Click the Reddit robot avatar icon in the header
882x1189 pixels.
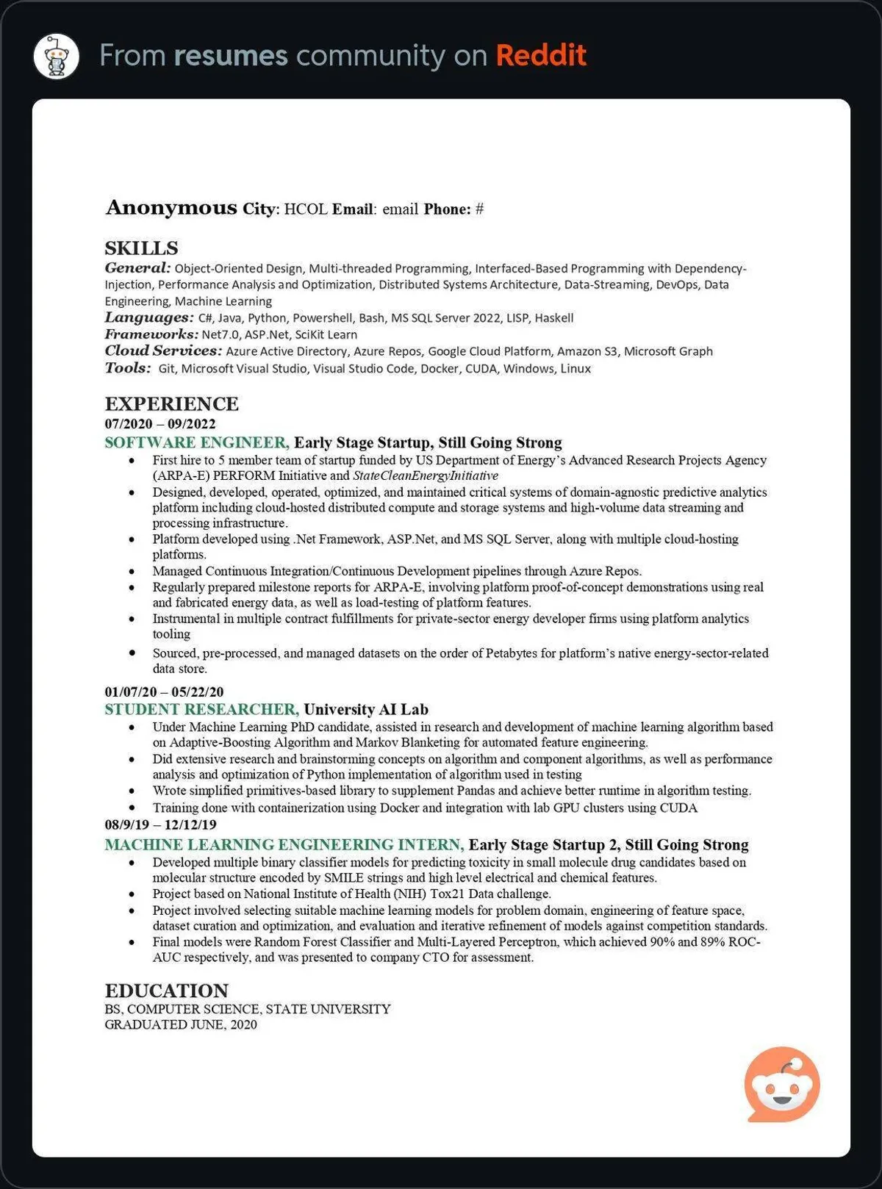[x=57, y=56]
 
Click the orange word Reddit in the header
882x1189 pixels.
[x=540, y=56]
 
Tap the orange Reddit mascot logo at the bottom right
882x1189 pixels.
[x=781, y=1083]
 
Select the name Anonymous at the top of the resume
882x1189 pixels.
[x=171, y=208]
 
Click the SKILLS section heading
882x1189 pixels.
[x=141, y=248]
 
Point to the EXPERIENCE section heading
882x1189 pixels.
[x=171, y=404]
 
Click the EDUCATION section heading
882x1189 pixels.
[x=166, y=991]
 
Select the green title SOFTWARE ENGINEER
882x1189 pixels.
[x=196, y=442]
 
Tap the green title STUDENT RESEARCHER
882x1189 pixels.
[x=201, y=709]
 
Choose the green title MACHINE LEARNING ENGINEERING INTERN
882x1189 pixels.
[x=284, y=844]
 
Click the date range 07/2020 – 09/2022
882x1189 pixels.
[x=160, y=424]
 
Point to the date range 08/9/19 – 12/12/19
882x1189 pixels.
[x=160, y=825]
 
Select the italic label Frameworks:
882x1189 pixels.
[x=151, y=334]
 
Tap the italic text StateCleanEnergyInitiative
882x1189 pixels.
[x=425, y=475]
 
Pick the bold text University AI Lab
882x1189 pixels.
[x=365, y=709]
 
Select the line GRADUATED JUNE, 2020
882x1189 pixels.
[x=181, y=1024]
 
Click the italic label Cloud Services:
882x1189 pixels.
[x=162, y=351]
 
